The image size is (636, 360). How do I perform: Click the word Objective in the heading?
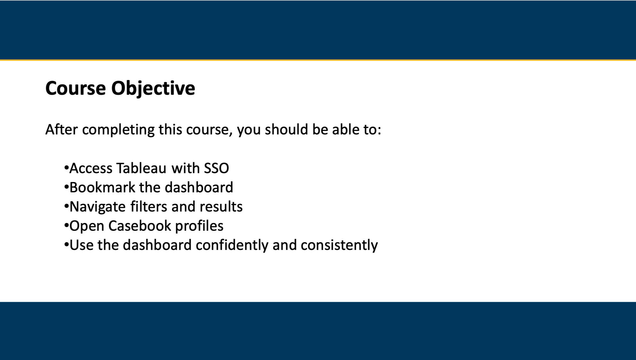tap(153, 88)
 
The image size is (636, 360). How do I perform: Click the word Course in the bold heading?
tap(76, 88)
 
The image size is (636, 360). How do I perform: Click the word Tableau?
tap(141, 168)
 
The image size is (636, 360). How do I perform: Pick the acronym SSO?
tap(216, 168)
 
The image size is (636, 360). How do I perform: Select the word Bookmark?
tap(102, 188)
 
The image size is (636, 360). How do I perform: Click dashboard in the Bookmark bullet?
tap(198, 188)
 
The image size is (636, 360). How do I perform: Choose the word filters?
tap(149, 207)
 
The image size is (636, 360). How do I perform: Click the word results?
tap(221, 207)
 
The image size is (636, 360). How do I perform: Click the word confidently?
tap(232, 245)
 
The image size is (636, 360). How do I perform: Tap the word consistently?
tap(339, 245)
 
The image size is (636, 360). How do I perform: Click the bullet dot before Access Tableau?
tap(67, 168)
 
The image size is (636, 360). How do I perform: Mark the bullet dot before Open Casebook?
tap(67, 225)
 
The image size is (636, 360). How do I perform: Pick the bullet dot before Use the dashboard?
tap(67, 244)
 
